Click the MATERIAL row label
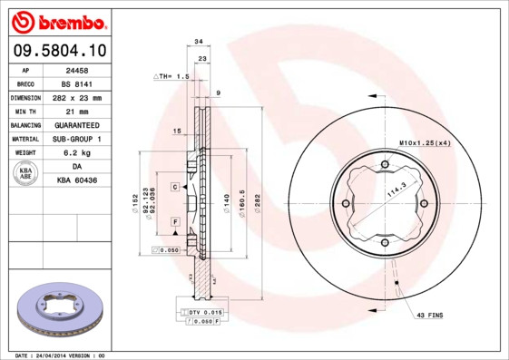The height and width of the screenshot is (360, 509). pyautogui.click(x=24, y=139)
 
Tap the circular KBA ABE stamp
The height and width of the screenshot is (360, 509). pyautogui.click(x=26, y=174)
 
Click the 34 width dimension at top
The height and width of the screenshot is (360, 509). pyautogui.click(x=199, y=41)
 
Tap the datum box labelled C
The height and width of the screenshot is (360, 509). pyautogui.click(x=173, y=186)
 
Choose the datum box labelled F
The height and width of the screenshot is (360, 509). pyautogui.click(x=173, y=221)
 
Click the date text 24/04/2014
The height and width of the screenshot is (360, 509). pyautogui.click(x=53, y=355)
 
